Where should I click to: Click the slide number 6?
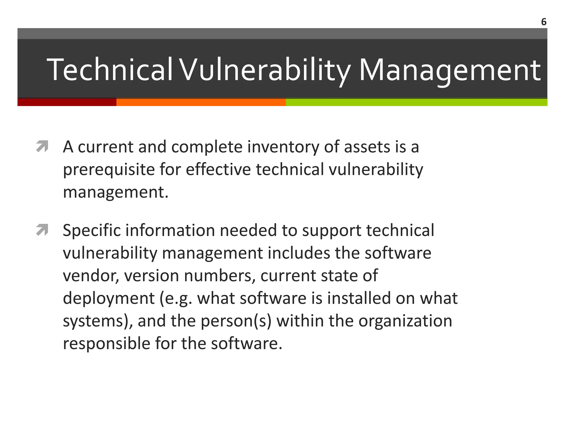click(543, 22)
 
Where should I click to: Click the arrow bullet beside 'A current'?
click(42, 146)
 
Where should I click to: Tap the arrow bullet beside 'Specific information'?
click(42, 230)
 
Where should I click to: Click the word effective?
click(218, 169)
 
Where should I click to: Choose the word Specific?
click(92, 230)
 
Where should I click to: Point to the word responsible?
click(106, 344)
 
